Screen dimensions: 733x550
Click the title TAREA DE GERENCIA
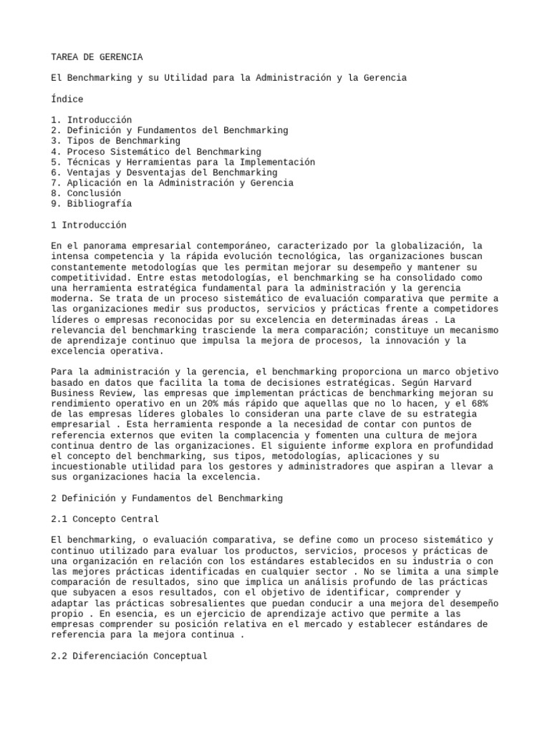(97, 57)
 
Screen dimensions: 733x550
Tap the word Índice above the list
(67, 99)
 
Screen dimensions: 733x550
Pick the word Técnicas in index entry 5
(89, 162)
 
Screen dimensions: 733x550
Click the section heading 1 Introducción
(89, 225)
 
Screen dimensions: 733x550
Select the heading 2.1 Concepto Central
(105, 518)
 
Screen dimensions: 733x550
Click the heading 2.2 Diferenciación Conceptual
(129, 655)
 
